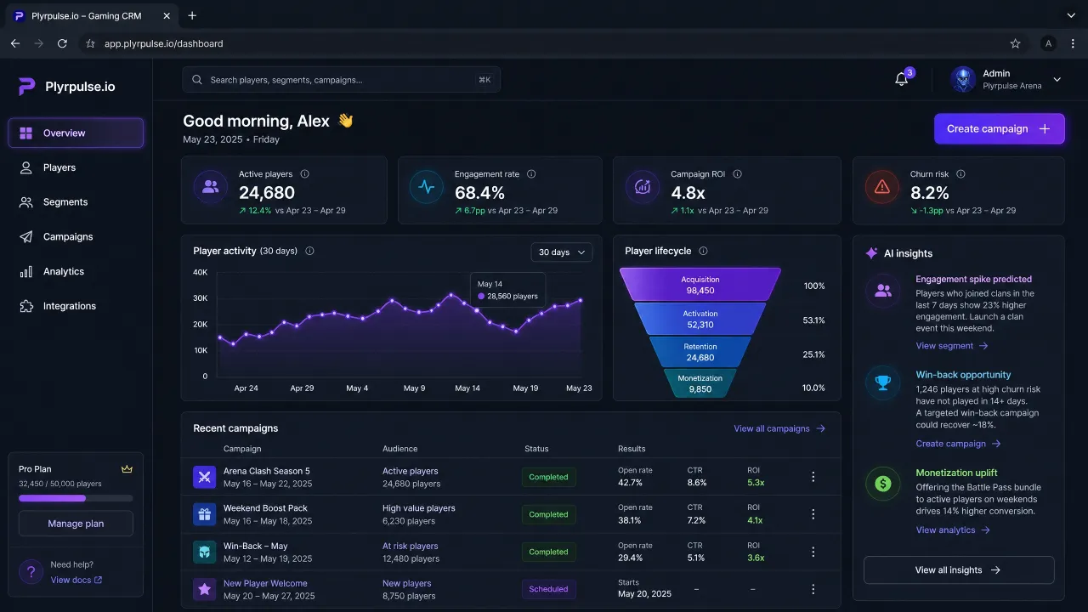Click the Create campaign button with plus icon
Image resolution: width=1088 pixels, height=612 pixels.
(999, 128)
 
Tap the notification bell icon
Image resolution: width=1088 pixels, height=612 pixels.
(901, 79)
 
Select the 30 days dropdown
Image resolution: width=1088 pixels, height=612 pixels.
(562, 252)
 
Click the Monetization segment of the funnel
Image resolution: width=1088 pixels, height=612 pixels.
(700, 383)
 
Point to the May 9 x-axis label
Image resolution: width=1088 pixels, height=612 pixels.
(414, 388)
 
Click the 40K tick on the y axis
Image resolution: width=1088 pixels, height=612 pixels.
(200, 272)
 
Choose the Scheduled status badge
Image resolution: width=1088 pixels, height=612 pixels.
(548, 589)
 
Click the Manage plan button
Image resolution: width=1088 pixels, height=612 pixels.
(76, 524)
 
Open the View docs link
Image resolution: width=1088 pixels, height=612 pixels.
(76, 580)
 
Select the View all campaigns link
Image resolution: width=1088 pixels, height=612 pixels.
(779, 428)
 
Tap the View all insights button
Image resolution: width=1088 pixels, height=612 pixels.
(959, 569)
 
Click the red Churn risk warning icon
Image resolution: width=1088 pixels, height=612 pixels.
(882, 187)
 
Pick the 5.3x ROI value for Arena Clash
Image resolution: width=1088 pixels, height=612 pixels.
(756, 483)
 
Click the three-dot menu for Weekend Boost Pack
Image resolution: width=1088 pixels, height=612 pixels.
(813, 514)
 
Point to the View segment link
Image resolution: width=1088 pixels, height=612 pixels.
(951, 346)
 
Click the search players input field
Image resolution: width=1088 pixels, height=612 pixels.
(341, 80)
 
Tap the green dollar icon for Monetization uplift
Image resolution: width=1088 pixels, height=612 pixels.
(882, 484)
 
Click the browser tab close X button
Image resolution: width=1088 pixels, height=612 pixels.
(167, 16)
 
